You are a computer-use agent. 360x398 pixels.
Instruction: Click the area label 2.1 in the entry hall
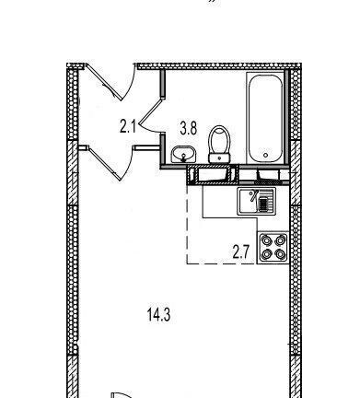point(128,127)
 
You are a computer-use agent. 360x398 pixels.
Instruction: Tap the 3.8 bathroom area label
point(188,128)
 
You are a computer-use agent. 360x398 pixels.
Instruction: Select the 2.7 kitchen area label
point(240,253)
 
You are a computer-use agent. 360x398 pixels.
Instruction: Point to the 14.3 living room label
point(158,315)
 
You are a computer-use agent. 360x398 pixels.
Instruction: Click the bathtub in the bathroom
point(266,119)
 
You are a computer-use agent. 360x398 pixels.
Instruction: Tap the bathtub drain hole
point(266,156)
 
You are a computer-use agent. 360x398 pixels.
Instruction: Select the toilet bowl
point(219,140)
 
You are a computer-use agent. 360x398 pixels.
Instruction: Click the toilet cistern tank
point(219,158)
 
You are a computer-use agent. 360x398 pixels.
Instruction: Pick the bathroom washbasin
point(183,154)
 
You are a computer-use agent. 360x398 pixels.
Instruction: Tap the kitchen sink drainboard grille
point(263,205)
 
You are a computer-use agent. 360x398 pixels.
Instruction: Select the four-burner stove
point(273,248)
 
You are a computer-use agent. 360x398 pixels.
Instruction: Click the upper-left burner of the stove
point(266,240)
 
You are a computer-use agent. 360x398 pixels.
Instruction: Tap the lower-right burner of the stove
point(281,254)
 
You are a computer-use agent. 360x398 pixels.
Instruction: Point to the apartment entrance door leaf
point(104,82)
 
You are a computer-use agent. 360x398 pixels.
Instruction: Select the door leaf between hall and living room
point(104,163)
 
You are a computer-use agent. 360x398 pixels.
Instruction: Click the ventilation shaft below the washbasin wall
point(213,175)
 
